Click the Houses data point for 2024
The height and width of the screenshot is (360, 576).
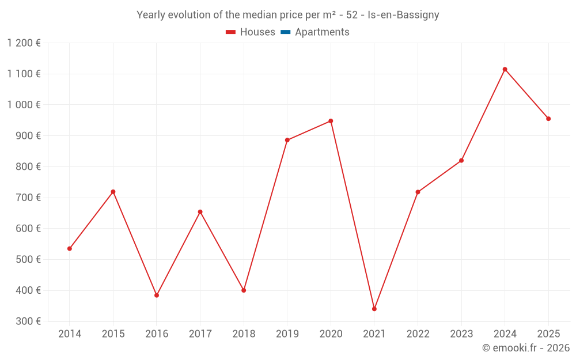coord(505,69)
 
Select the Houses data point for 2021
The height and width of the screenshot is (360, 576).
coord(374,309)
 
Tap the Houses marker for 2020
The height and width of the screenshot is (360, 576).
coord(331,121)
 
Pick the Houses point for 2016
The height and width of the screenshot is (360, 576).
coord(157,295)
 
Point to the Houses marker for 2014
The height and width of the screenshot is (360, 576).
coord(70,249)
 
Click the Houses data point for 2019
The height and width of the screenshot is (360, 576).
coord(287,140)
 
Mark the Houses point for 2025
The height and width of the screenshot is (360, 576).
coord(548,119)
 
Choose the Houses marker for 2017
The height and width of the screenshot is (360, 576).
coord(200,212)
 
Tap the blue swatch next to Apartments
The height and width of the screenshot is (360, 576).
coord(285,32)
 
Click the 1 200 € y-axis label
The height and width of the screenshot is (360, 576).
coord(24,43)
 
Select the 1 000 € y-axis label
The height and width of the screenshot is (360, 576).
coord(24,105)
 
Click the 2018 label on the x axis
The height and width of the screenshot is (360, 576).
coord(244,334)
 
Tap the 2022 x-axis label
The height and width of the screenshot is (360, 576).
coord(418,334)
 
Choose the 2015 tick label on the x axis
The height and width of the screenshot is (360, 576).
coord(113,334)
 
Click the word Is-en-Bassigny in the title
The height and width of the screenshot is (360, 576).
coord(403,15)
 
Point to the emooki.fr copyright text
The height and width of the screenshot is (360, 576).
coord(525,348)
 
